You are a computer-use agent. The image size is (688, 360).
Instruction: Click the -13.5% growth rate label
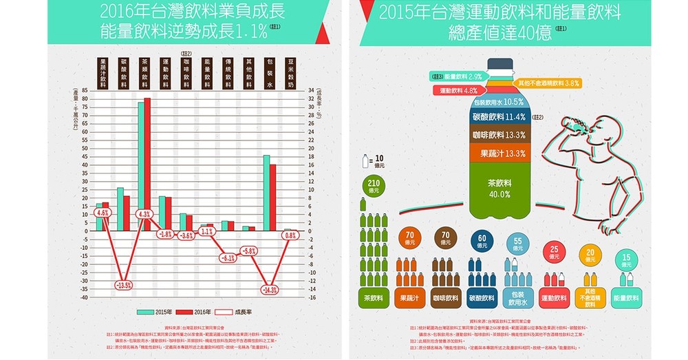[x=123, y=284]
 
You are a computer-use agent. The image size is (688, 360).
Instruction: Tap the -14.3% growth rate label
[x=269, y=290]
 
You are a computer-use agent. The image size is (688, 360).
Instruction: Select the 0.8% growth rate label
[x=290, y=235]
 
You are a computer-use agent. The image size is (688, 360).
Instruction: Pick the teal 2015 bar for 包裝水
[x=266, y=193]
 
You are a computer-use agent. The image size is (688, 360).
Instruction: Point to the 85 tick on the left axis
[x=84, y=90]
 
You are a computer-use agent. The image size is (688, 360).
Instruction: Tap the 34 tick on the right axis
[x=310, y=90]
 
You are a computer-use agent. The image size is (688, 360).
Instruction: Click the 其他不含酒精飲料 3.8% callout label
[x=548, y=83]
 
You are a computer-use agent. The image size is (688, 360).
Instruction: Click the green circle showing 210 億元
[x=374, y=187]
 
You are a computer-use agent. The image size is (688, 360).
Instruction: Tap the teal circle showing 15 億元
[x=626, y=260]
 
